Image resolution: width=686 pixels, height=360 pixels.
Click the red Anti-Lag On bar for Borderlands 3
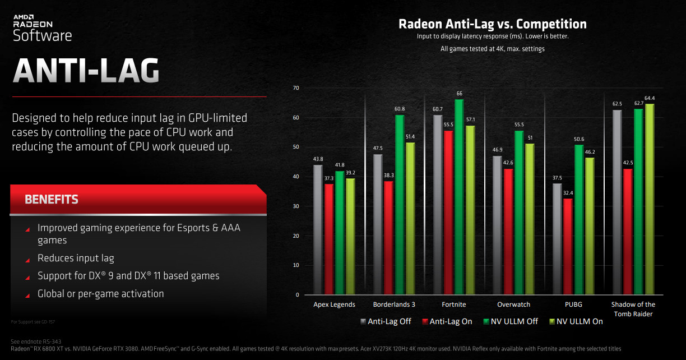388,238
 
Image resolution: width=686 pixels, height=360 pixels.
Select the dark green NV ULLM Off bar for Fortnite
459,197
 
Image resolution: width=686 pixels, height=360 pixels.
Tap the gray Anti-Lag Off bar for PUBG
557,239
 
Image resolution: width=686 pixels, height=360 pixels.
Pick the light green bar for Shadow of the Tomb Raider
650,199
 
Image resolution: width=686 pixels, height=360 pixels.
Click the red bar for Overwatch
508,232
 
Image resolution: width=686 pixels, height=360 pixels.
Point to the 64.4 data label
649,98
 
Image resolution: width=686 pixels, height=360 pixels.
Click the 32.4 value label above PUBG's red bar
568,193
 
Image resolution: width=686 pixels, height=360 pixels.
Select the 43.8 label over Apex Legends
318,159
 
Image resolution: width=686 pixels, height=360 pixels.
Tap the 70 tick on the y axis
296,88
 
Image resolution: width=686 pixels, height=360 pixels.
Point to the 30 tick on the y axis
296,206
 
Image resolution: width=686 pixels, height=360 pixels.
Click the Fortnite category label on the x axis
454,304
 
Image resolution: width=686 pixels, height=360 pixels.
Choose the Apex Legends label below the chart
334,304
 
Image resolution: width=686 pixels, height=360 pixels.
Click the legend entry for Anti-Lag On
447,321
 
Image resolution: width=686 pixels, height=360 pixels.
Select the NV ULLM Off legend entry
511,321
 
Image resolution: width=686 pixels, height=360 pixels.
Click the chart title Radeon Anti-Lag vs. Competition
493,24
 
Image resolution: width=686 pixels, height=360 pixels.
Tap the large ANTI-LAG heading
86,71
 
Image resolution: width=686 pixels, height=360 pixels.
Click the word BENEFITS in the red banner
52,200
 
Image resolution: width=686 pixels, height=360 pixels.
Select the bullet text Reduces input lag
76,259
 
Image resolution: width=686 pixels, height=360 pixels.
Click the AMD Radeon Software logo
42,28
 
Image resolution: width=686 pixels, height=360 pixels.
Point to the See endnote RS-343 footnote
36,341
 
